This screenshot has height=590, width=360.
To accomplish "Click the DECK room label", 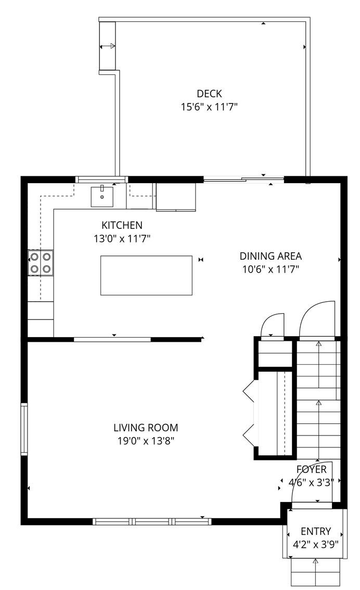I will coord(209,94).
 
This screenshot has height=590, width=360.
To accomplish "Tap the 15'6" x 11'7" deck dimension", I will coord(209,107).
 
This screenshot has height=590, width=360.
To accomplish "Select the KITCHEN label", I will coord(122,225).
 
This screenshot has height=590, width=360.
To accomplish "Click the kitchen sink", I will coord(102,196).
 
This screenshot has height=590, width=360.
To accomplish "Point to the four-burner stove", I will coord(41,262).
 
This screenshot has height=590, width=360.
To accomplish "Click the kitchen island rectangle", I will coord(146,275).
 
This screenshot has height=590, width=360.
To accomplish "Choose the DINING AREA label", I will coord(271,256).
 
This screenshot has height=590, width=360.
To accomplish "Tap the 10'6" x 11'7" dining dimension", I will coord(271,270).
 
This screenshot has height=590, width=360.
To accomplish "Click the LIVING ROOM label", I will coord(146,428).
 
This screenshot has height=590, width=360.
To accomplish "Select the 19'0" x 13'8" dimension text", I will coord(146,441).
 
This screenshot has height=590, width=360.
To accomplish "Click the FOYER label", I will coord(312,470).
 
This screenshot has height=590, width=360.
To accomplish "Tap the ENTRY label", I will coord(316,531).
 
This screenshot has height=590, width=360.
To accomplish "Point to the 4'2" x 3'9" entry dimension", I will coord(316,545).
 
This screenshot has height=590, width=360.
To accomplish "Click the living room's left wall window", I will coord(24,429).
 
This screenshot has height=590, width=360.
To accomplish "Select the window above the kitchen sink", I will coord(101,179).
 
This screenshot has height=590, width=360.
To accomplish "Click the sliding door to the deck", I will coord(243,180).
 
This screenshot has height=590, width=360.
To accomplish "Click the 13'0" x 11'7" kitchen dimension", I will coord(122,239).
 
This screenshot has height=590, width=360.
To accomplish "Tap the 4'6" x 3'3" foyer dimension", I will coord(312,482).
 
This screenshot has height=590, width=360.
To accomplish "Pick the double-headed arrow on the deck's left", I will coord(107,46).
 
